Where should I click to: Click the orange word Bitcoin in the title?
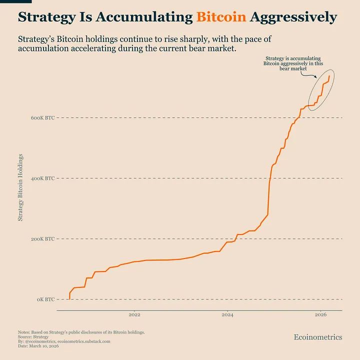coord(221,17)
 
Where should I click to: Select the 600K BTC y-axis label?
coord(42,118)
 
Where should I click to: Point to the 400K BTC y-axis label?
coord(42,178)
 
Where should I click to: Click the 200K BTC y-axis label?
coord(42,239)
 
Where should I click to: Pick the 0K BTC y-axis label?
coord(45,299)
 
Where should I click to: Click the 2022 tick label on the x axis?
coord(134,315)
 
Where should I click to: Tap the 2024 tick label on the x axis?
coord(227,315)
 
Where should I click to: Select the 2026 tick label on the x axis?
coord(320,315)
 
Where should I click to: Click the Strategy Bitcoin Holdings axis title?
coord(20,187)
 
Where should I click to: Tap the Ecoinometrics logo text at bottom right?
coord(318,337)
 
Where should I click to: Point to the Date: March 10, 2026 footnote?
coord(38,346)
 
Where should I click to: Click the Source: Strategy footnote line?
coord(33,337)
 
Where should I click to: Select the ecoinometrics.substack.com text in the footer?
coord(84,341)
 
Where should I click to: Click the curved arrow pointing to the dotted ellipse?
coord(308,74)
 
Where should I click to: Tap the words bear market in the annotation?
coord(293,68)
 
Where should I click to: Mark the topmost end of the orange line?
coord(329,76)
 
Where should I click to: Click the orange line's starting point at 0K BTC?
coord(69,299)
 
